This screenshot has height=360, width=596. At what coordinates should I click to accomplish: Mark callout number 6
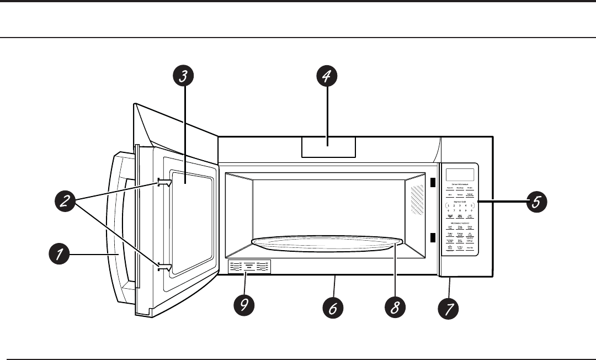(333, 308)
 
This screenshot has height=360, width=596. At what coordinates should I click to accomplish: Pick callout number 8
(395, 308)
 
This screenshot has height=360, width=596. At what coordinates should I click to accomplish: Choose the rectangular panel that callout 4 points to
(328, 147)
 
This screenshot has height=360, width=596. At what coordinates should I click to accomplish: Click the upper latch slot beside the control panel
(433, 182)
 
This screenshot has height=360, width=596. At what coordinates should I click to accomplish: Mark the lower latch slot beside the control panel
(433, 238)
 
